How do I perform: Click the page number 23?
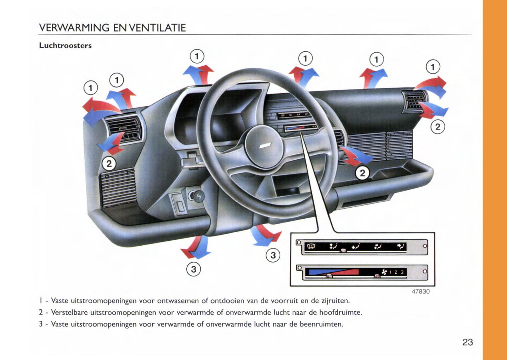coord(467,342)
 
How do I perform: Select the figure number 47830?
coord(420,291)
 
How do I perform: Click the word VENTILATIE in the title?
coord(158,28)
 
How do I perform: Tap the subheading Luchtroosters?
coord(65,46)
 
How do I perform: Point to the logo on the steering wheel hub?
coord(264,146)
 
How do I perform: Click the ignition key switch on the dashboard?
coord(195,195)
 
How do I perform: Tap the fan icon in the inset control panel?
coord(384,272)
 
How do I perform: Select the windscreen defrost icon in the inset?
coord(311,246)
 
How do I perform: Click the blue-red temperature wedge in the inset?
coord(332,272)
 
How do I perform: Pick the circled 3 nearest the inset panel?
coord(273,255)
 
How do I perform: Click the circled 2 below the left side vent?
coord(109,164)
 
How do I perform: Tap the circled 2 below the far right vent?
coord(438,127)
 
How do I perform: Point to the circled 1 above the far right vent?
coord(433,67)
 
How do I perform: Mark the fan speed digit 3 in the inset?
coord(402,272)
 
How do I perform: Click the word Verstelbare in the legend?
coord(69,312)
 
